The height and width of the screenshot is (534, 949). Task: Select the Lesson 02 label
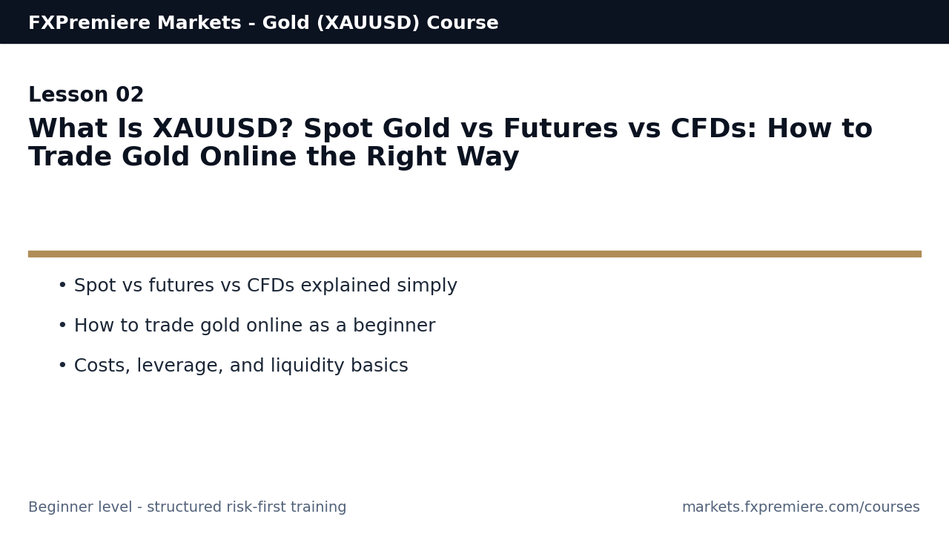[x=86, y=96]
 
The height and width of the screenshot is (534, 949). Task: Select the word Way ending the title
[x=489, y=158]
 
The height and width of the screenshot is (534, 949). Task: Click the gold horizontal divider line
[x=474, y=254]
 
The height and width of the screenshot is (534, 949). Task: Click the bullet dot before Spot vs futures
[x=62, y=286]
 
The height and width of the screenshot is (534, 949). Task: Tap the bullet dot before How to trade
[x=62, y=326]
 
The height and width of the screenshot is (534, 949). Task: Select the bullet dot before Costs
[x=62, y=366]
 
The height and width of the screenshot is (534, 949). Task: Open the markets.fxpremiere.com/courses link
[x=801, y=507]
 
